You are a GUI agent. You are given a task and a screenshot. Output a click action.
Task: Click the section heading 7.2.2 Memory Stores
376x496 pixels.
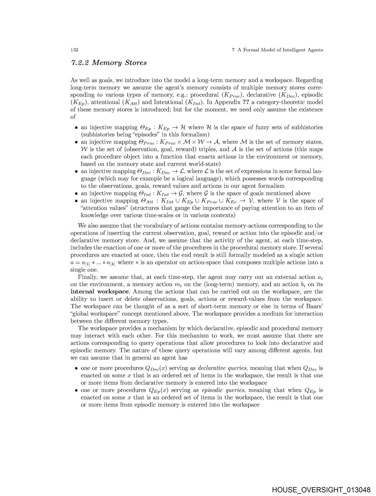108,63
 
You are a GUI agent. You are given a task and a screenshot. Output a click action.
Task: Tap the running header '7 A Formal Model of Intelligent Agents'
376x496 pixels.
277,50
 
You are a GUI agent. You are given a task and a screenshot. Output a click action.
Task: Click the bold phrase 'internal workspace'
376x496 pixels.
99,292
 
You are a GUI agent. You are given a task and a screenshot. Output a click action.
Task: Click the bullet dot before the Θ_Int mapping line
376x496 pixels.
76,193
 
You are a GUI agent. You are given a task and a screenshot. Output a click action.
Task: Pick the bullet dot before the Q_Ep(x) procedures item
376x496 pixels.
76,390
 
